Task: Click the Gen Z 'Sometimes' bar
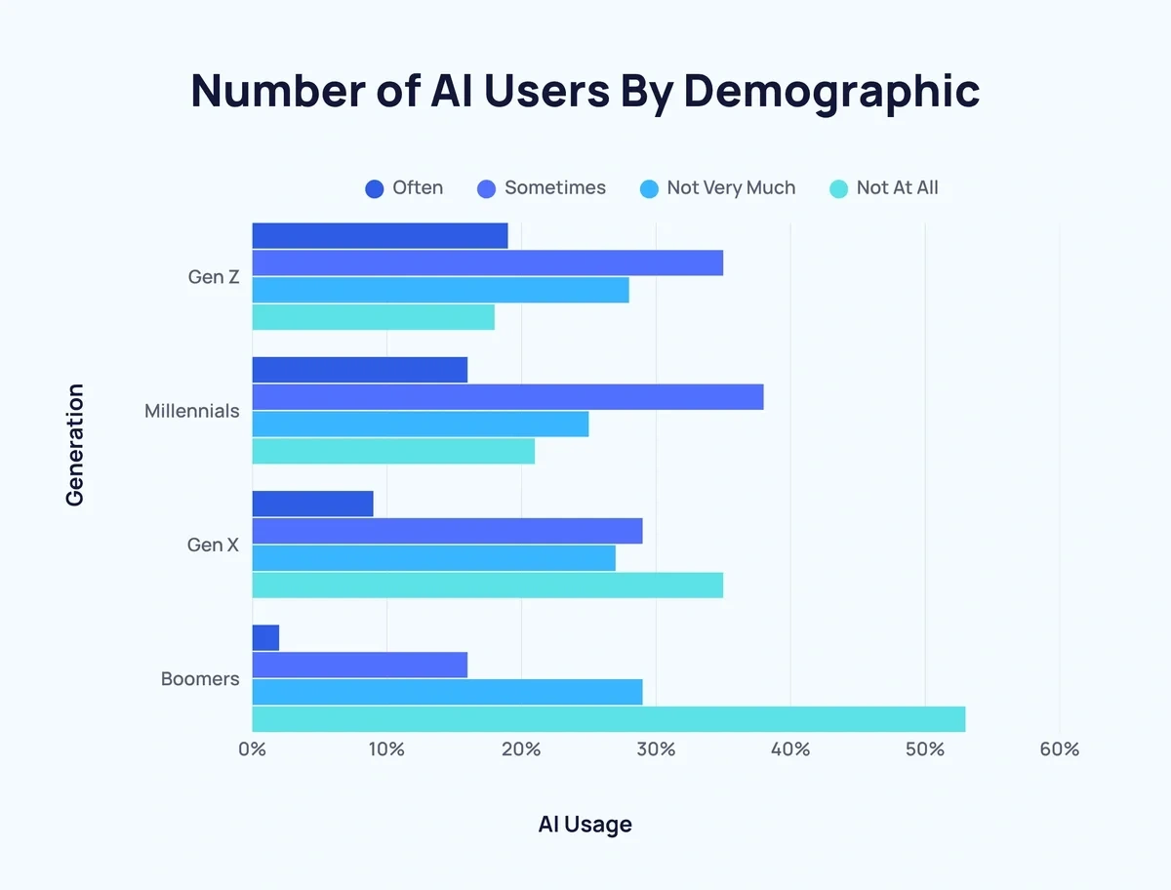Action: coord(487,263)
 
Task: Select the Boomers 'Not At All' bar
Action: coord(608,719)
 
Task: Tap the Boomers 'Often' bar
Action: coord(265,638)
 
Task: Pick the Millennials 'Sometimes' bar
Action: coord(507,397)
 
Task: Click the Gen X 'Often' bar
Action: coord(312,504)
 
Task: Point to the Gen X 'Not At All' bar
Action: coord(487,585)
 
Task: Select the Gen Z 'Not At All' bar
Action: coord(373,317)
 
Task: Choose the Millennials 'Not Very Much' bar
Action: coord(420,424)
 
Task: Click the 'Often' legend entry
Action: coord(404,188)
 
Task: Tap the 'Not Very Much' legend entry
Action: coord(717,188)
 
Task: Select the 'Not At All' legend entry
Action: coord(883,188)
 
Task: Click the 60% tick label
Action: coord(1059,749)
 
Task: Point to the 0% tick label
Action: coord(252,749)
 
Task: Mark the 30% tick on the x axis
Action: coord(656,749)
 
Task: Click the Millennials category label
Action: coord(191,411)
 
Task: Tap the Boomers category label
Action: coord(200,678)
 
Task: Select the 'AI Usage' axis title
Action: coord(585,825)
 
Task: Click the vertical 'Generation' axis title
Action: coord(75,445)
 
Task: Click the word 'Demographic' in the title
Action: coord(830,90)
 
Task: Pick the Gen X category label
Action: coord(213,545)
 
